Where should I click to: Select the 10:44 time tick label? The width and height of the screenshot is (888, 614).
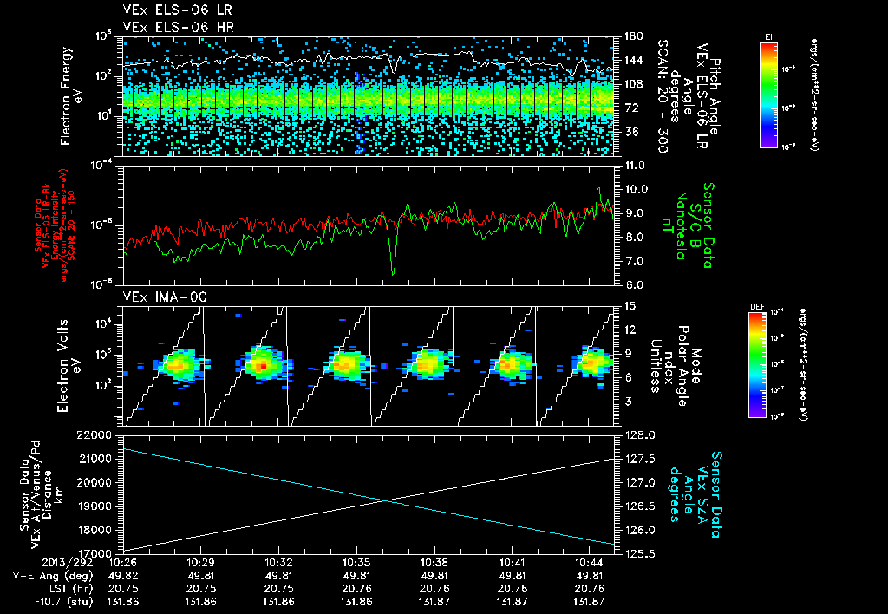(x=590, y=562)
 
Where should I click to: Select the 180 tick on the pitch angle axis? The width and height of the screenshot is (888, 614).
(x=632, y=36)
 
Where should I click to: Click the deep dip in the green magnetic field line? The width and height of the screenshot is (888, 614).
(x=393, y=273)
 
